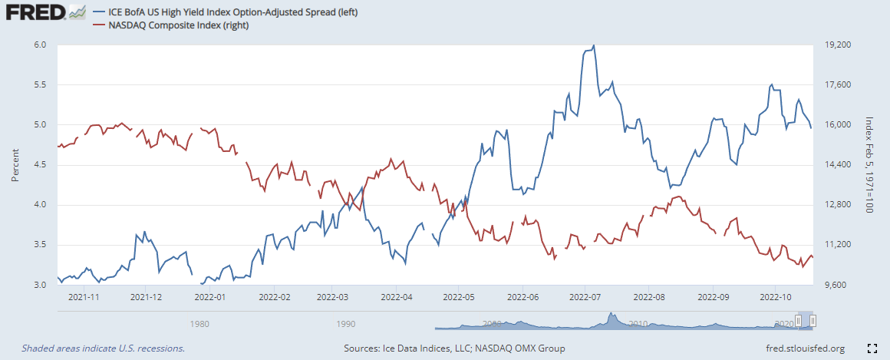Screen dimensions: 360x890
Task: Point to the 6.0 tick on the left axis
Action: click(41, 45)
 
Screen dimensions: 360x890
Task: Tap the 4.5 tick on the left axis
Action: click(41, 164)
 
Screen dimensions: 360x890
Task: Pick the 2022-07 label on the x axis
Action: click(585, 296)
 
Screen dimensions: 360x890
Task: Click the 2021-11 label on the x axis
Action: click(84, 296)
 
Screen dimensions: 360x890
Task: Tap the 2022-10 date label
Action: click(775, 296)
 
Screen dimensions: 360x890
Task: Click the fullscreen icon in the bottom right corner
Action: click(871, 348)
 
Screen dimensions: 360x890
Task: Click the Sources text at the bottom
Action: click(455, 348)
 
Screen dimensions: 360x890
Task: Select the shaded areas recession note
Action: click(104, 348)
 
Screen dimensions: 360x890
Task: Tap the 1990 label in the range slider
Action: click(346, 323)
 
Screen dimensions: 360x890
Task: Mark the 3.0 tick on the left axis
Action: click(41, 285)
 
